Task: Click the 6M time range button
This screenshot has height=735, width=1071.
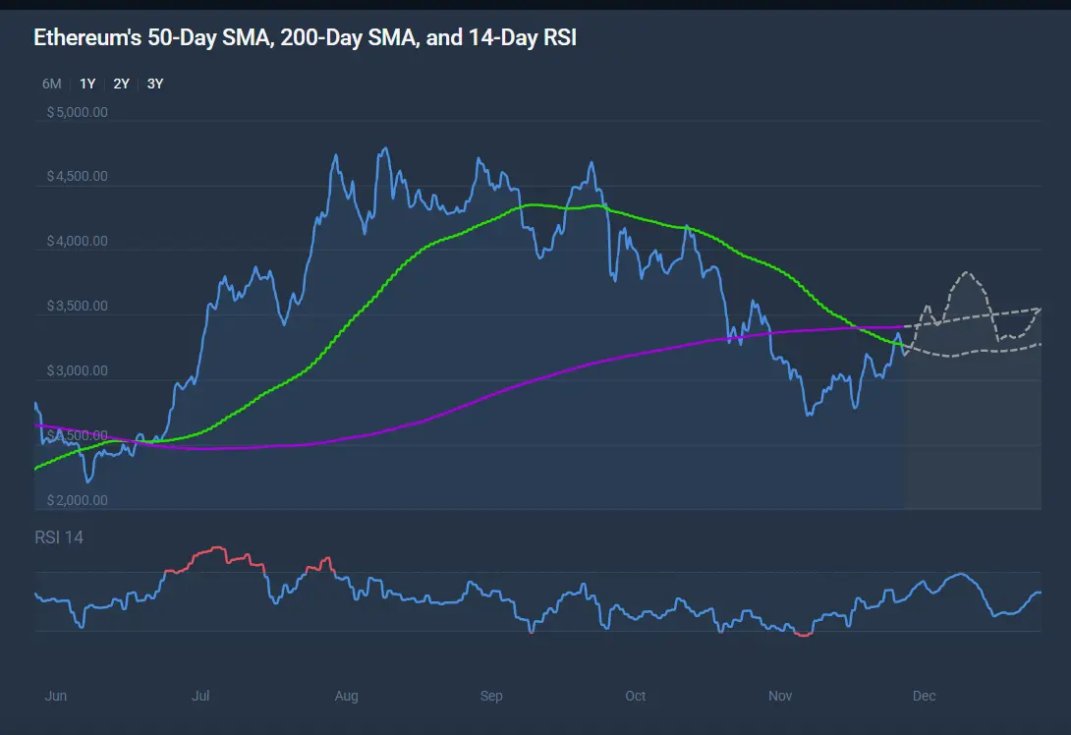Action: [52, 84]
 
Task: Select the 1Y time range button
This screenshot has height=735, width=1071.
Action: [87, 84]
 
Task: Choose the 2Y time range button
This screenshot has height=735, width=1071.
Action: [121, 84]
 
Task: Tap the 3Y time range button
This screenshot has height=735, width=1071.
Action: [155, 84]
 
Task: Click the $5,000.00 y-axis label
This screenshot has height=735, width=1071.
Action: [77, 112]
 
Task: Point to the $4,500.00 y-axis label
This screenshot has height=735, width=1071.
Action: [77, 177]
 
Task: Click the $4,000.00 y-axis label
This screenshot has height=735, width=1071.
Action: [77, 242]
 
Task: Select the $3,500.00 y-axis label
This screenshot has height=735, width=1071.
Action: [77, 307]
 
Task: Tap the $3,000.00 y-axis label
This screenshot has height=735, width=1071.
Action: [77, 371]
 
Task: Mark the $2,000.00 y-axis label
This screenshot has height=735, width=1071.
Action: [77, 500]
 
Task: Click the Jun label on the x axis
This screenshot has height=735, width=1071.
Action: [56, 696]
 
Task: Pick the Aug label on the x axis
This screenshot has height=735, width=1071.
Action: [347, 696]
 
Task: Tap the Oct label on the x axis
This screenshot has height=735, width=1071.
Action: [636, 696]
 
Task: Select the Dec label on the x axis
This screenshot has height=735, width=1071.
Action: [924, 696]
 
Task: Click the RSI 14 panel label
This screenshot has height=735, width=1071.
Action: [59, 537]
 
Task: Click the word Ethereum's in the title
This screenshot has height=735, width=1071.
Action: [86, 38]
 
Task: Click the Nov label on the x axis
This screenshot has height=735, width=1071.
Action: [780, 696]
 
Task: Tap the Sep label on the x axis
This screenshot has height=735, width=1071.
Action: [491, 696]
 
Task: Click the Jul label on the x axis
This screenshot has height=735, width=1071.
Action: [200, 696]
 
